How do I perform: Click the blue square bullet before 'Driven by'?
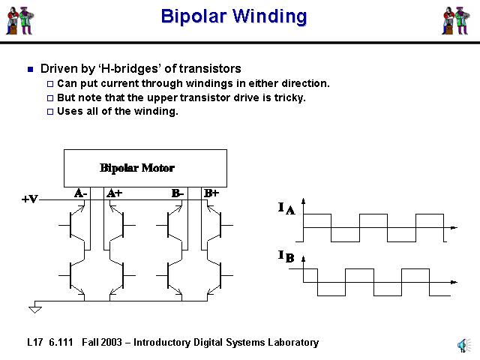pos(30,69)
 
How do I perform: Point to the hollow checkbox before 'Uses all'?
pos(50,112)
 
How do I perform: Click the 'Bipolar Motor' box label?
pos(137,167)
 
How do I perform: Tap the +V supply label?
pos(30,199)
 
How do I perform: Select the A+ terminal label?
pos(115,193)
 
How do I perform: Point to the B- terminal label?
pos(178,193)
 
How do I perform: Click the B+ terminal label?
pos(211,193)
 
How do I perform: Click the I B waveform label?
pos(286,257)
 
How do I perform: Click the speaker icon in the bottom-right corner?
pos(462,344)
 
